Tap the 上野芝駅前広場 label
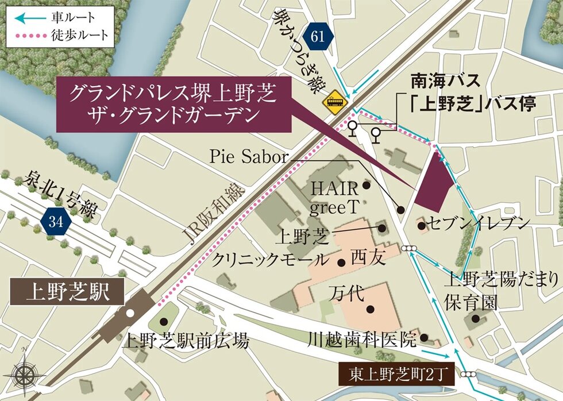(x=186, y=342)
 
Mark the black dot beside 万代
(x=371, y=309)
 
